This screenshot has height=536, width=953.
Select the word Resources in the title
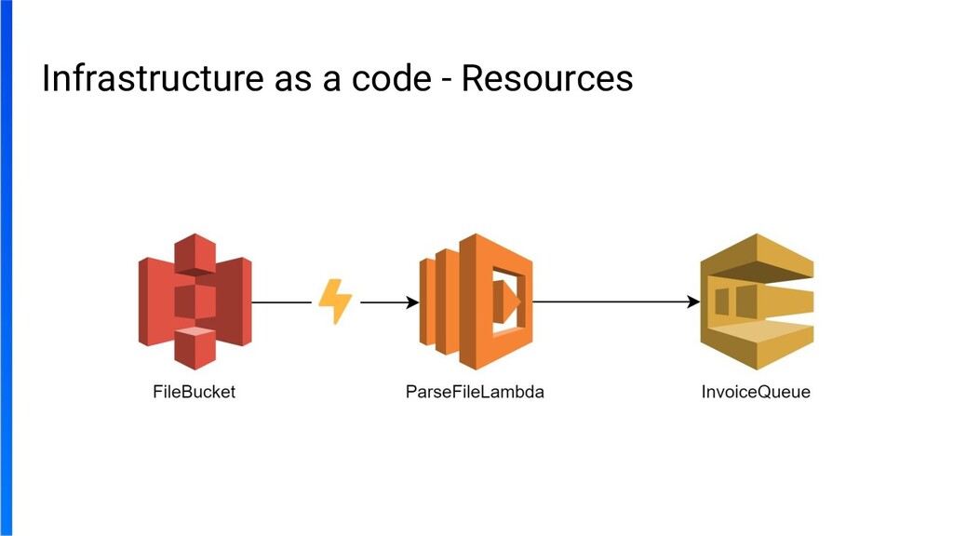pyautogui.click(x=547, y=80)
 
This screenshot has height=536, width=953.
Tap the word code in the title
pyautogui.click(x=387, y=80)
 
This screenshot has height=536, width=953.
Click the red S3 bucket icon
pyautogui.click(x=195, y=301)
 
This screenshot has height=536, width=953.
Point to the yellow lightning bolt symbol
pyautogui.click(x=335, y=301)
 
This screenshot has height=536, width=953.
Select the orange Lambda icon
pyautogui.click(x=476, y=301)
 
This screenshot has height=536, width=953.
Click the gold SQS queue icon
pyautogui.click(x=756, y=301)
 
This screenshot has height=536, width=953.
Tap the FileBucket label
pyautogui.click(x=194, y=392)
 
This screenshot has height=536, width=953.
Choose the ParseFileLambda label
pyautogui.click(x=475, y=392)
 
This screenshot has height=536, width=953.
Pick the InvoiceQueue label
pyautogui.click(x=756, y=392)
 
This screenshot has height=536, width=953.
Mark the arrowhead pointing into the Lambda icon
pyautogui.click(x=410, y=302)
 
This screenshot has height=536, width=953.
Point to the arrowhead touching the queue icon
pyautogui.click(x=693, y=302)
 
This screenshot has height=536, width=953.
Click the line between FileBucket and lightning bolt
pyautogui.click(x=281, y=302)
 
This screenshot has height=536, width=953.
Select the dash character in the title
pyautogui.click(x=449, y=82)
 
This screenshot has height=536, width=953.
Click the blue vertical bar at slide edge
pyautogui.click(x=6, y=268)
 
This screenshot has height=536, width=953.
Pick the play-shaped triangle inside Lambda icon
pyautogui.click(x=509, y=300)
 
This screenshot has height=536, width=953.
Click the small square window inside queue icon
pyautogui.click(x=722, y=300)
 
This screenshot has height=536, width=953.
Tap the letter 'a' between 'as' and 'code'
pyautogui.click(x=331, y=82)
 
